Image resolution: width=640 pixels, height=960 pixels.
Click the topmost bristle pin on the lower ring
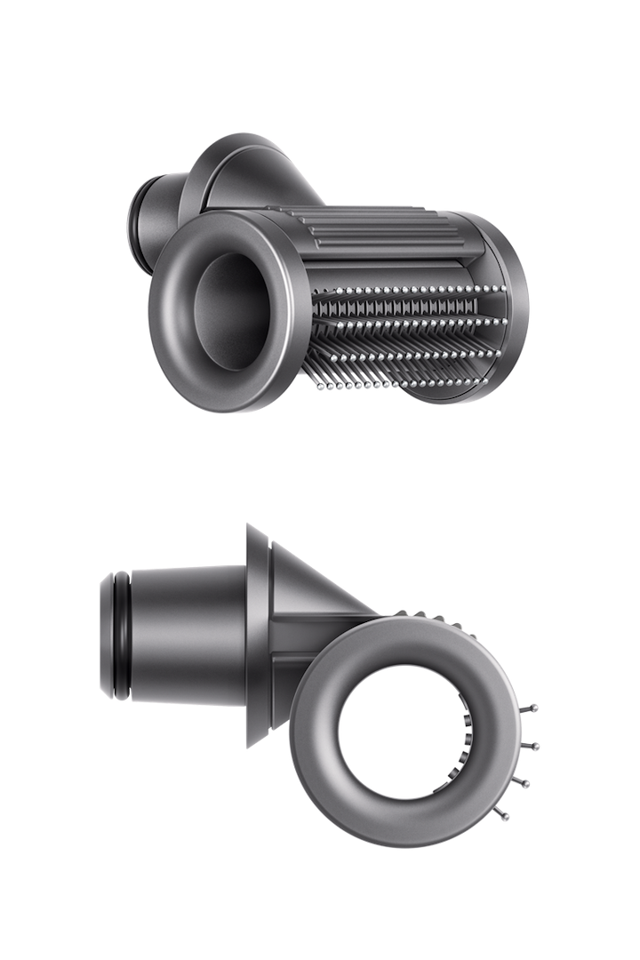[x=535, y=708]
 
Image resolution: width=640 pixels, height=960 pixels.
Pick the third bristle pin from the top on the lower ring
[x=528, y=782]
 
